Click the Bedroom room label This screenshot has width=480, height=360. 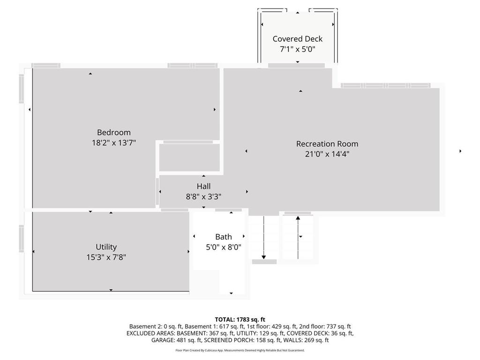tap(114, 132)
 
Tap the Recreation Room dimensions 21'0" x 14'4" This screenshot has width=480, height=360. tap(327, 154)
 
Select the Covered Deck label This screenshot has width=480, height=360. tap(298, 39)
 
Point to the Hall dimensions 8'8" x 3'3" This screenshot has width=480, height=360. tap(203, 196)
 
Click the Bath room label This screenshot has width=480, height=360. tap(224, 237)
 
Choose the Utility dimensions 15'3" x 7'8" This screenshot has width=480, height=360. tap(106, 257)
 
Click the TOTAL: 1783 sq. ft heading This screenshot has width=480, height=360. tap(240, 320)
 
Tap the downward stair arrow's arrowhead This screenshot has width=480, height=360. tap(263, 257)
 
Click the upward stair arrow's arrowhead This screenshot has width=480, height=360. tap(298, 217)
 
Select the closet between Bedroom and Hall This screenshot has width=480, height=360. tap(189, 157)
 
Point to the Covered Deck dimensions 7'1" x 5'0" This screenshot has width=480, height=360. tap(298, 49)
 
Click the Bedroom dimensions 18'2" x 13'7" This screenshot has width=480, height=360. tap(114, 142)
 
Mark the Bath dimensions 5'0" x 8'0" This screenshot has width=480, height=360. tap(224, 247)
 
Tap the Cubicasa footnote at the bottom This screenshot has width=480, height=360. tap(240, 350)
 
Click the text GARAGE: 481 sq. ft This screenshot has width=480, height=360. tap(176, 340)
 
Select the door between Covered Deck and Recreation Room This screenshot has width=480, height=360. tap(296, 66)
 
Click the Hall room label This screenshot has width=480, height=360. tap(203, 186)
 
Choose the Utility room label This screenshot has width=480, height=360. tap(106, 247)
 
